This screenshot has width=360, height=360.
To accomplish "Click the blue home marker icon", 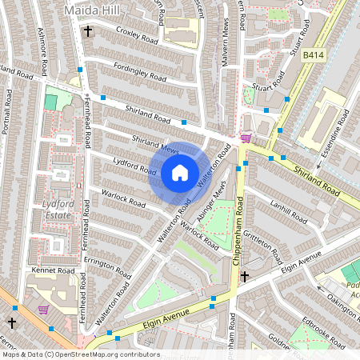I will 180,172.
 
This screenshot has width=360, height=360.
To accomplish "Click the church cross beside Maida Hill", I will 87,33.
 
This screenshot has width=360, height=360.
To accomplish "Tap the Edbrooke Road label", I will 326,335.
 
